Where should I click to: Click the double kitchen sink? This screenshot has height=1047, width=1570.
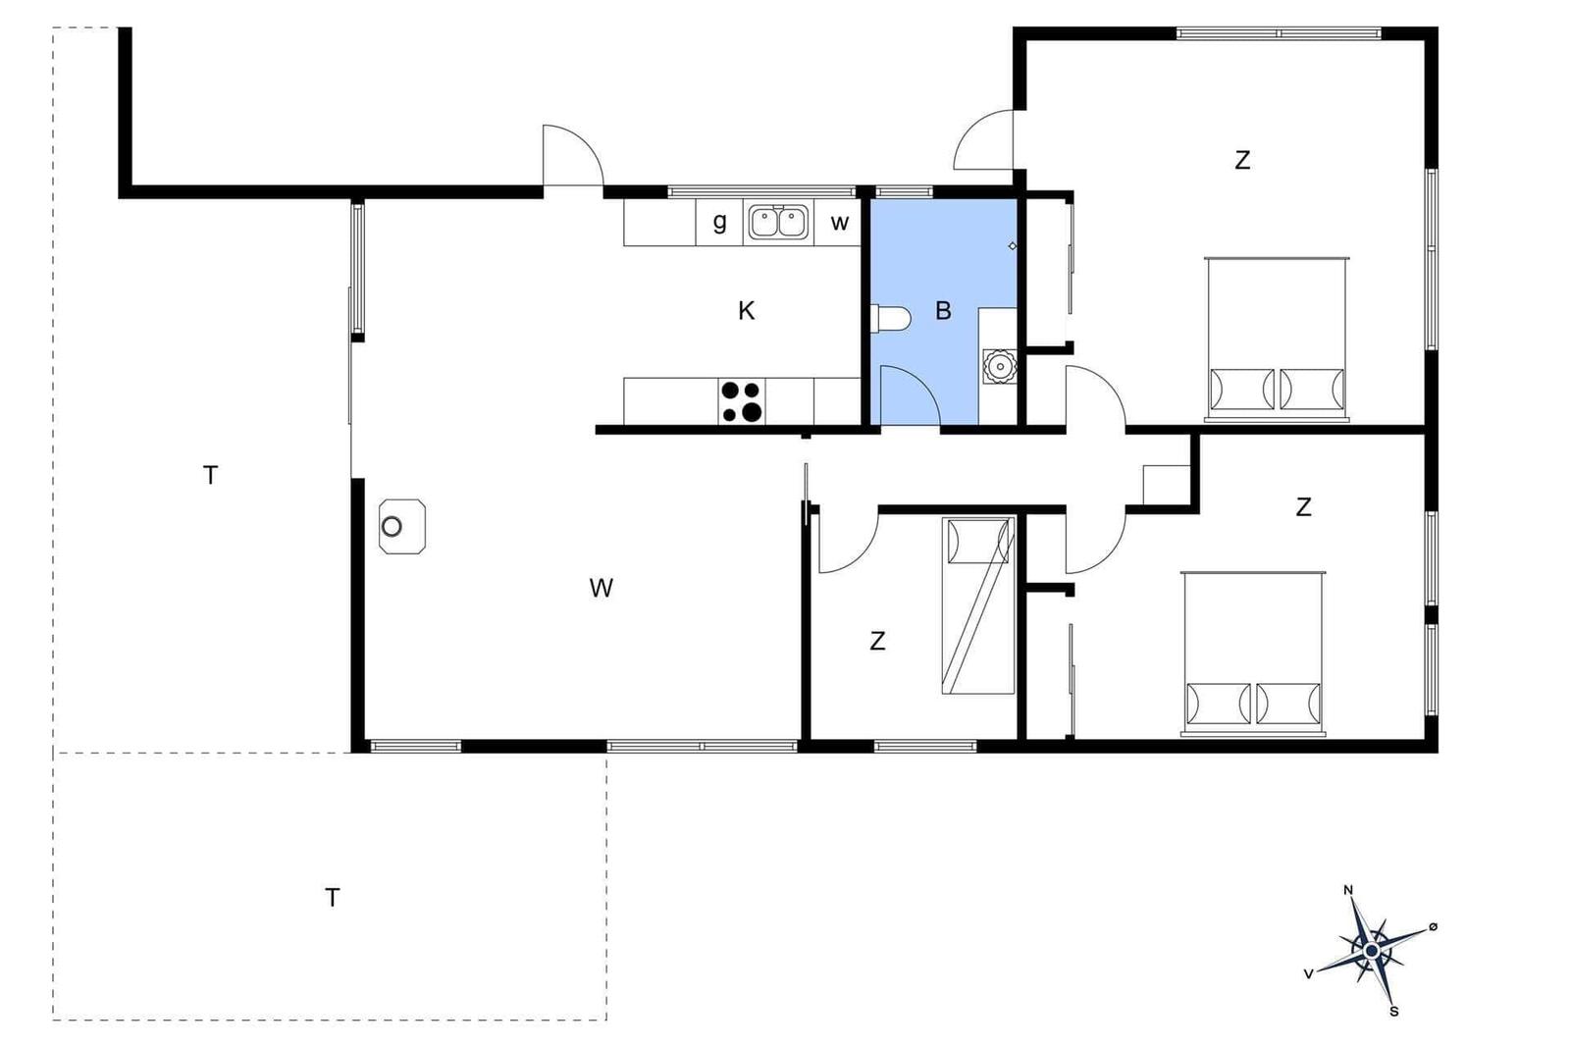[x=778, y=222]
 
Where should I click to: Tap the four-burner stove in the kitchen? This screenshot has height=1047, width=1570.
[x=742, y=401]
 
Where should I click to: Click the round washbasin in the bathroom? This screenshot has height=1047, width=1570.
[x=1000, y=366]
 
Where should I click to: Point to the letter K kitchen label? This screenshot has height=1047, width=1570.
[x=747, y=310]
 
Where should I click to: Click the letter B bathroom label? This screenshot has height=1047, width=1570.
[x=943, y=310]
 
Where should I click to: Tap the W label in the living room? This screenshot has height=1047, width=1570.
[x=602, y=588]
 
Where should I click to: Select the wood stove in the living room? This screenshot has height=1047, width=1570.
[x=402, y=526]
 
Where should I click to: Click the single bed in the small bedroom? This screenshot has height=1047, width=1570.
[x=978, y=605]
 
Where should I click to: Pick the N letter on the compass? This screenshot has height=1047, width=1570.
[x=1348, y=890]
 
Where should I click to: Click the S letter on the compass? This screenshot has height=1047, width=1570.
[x=1394, y=1012]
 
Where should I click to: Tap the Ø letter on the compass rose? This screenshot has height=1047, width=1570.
[x=1434, y=926]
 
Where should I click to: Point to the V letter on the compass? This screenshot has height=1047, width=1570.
[x=1308, y=974]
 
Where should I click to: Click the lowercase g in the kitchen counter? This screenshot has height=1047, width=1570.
[x=719, y=222]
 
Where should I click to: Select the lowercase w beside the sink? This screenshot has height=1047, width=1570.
[x=840, y=223]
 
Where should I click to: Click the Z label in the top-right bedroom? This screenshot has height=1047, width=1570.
[x=1242, y=161]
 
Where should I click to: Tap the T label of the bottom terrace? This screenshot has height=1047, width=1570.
[x=333, y=898]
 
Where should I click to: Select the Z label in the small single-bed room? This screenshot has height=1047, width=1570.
[x=877, y=641]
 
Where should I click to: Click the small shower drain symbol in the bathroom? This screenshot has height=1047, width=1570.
[x=1012, y=246]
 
